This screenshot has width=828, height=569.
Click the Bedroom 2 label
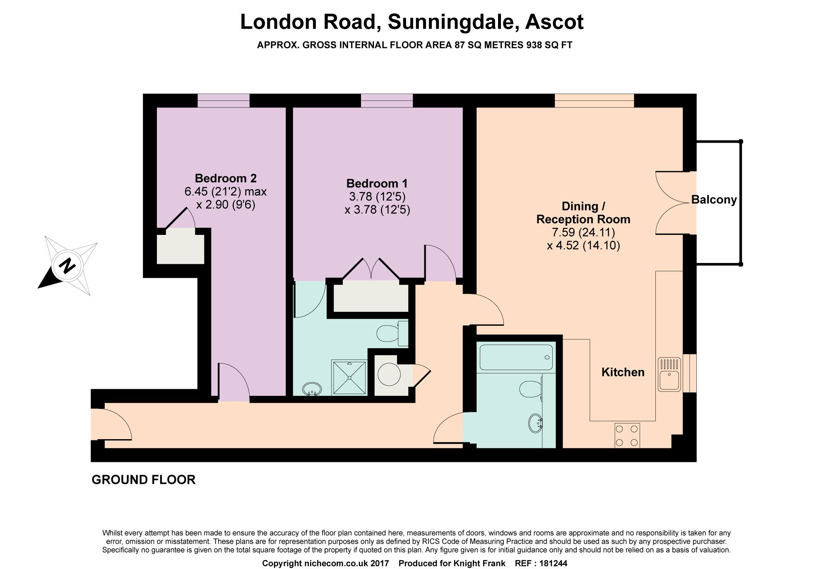point(226,178)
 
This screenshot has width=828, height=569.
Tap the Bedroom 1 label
point(377,183)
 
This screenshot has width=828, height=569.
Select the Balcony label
point(714,200)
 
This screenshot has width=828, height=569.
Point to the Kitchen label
point(623,372)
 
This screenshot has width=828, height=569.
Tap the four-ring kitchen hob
point(627,435)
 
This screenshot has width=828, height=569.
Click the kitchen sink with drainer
point(669,374)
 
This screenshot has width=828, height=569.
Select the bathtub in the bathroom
point(516,357)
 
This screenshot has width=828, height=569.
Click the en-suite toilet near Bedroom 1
point(391,333)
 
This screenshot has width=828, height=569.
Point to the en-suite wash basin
point(312,389)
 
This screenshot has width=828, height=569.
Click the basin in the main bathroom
point(535,423)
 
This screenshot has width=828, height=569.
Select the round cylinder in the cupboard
point(389,374)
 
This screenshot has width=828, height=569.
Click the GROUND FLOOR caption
point(143,480)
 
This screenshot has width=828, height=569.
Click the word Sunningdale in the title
point(453,22)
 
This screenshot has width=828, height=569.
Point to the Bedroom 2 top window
point(224,100)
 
